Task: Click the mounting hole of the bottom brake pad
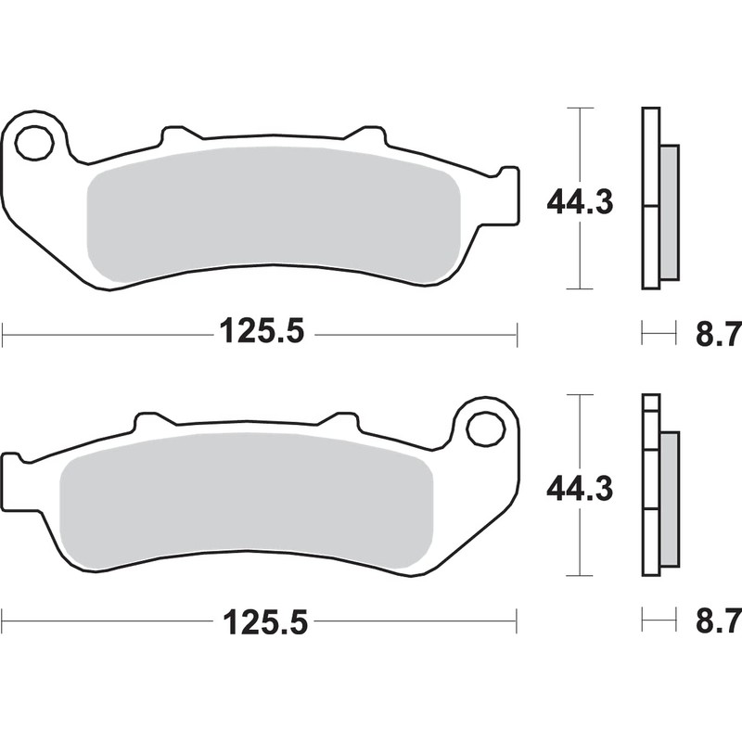[483, 429]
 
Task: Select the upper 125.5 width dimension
[262, 331]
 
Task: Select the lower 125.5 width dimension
[262, 619]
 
